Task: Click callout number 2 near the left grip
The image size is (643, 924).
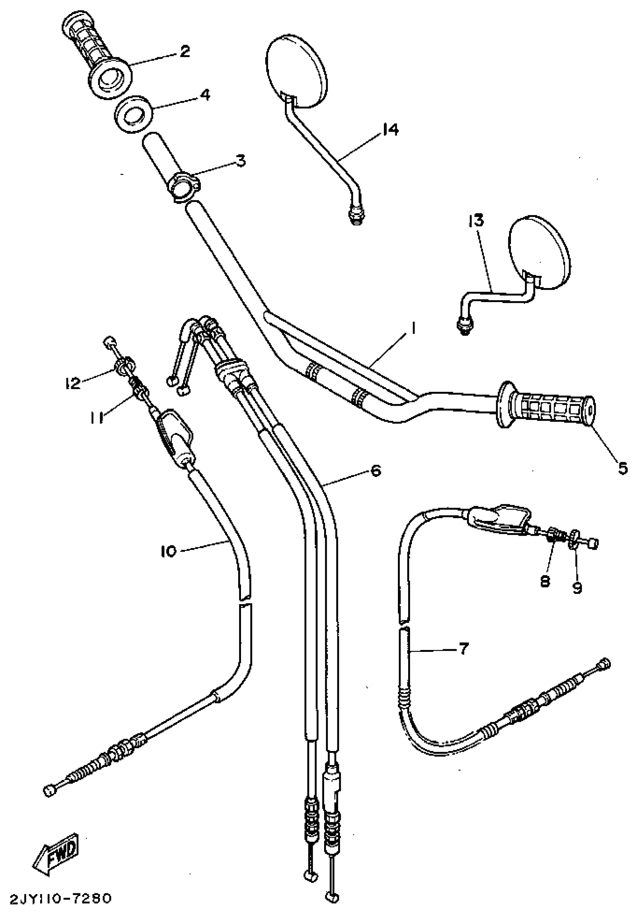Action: click(185, 51)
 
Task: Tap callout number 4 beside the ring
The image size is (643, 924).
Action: click(205, 95)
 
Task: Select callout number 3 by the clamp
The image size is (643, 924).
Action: click(240, 160)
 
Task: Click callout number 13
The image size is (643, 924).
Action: click(476, 221)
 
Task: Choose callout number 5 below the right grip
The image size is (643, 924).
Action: click(623, 468)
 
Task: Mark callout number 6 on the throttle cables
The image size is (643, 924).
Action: click(376, 471)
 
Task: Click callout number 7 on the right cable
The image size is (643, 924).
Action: click(464, 648)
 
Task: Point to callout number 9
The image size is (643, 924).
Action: click(577, 588)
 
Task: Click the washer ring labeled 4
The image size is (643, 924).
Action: click(133, 115)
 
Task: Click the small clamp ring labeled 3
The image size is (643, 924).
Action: click(184, 186)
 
